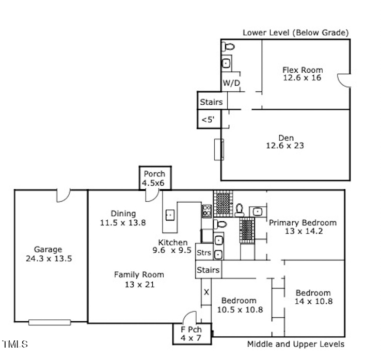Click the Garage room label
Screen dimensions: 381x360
coord(48,250)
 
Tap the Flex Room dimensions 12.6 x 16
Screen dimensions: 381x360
coord(302,78)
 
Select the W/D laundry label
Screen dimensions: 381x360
coord(231,83)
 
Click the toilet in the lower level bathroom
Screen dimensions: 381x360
coord(228,46)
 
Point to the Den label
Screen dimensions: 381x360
coord(286,138)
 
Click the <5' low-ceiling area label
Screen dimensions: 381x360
coord(208,120)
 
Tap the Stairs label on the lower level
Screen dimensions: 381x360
coord(211,102)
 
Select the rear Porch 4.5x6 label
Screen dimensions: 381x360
coord(154,178)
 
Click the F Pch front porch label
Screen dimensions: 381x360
coord(191,330)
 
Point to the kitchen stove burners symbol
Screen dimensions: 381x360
coord(207,211)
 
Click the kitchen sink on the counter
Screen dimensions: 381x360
coord(170,215)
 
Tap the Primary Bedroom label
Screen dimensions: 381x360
coord(303,223)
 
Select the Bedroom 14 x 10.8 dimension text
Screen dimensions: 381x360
coord(313,301)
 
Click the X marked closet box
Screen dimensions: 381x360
coord(207,292)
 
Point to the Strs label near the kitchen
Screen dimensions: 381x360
coord(204,253)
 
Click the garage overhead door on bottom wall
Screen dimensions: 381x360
coord(50,322)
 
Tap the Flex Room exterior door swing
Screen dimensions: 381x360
coord(344,80)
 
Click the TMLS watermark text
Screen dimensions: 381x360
coord(15,344)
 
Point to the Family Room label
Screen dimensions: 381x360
coord(139,274)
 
